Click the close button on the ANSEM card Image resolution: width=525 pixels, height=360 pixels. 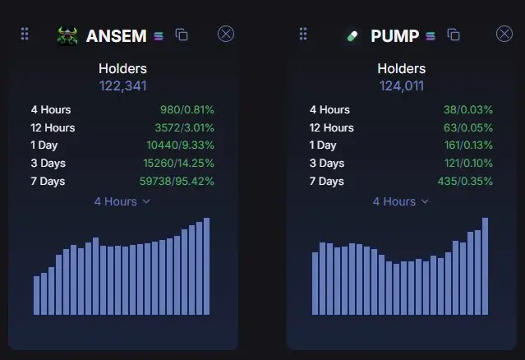coord(226,34)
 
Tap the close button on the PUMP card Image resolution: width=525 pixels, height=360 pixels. coord(504,34)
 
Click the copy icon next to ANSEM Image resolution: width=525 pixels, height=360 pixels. coord(182,35)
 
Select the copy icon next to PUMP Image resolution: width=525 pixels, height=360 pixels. coord(454,35)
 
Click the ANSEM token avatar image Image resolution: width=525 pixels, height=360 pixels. coord(67,36)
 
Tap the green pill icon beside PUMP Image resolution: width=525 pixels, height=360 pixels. coord(352,36)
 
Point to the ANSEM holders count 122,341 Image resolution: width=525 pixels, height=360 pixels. coord(123,86)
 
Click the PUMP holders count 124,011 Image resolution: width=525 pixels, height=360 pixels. coord(402,86)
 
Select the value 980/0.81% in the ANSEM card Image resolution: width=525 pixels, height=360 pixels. coord(187,110)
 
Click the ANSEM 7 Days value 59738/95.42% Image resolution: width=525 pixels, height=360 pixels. coord(177,181)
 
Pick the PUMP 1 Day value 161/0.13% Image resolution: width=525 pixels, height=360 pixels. coord(468,145)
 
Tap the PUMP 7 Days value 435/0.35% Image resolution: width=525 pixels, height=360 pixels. coord(465,181)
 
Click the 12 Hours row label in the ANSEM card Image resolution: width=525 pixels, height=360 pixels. coord(53,127)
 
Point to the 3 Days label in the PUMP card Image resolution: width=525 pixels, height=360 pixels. coord(327,163)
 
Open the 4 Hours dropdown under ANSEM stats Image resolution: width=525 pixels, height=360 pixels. coord(122,201)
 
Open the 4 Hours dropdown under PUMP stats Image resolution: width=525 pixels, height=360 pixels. coord(401,201)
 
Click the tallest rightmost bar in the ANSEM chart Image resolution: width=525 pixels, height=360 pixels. coord(206,266)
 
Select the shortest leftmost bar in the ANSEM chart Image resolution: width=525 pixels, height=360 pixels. coord(36,295)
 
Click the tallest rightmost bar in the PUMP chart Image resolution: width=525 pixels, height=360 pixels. coord(486,266)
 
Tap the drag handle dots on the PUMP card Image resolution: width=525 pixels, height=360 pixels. coord(303,34)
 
